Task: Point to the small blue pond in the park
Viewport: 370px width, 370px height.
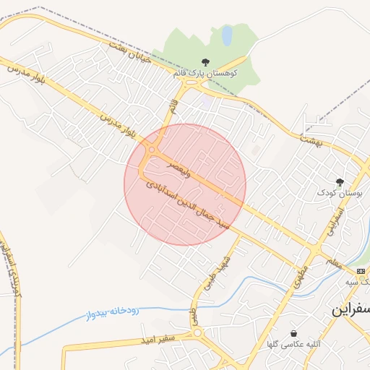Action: point(227,35)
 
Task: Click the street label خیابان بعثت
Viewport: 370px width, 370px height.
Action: point(130,52)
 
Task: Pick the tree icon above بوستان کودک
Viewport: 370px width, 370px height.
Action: point(340,181)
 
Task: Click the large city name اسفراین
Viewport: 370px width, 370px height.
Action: point(350,309)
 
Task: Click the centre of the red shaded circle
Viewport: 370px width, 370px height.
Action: point(185,184)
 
